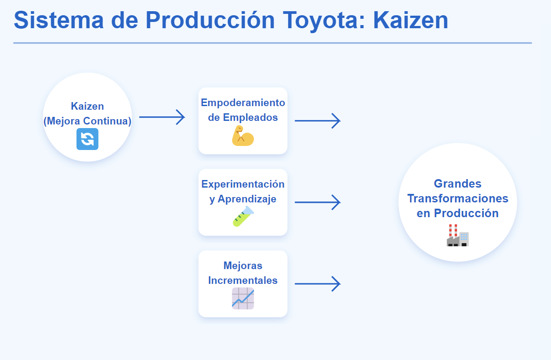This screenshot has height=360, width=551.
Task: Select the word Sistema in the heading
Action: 59,20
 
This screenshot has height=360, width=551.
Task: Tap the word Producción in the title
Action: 210,20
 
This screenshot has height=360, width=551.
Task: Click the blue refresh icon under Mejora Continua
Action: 87,139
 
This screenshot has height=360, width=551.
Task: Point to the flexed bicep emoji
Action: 243,136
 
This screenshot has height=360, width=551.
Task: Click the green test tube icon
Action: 243,217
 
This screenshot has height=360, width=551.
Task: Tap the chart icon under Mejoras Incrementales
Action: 243,298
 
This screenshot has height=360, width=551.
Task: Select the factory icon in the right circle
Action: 457,235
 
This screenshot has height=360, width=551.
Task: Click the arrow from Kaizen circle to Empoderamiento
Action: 162,117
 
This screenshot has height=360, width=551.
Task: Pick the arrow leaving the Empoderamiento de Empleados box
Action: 317,120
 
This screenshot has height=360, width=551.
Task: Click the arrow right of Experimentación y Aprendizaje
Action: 317,202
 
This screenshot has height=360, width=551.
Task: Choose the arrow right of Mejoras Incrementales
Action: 317,284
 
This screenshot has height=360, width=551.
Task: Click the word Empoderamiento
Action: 243,103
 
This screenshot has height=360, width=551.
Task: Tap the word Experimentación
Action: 243,184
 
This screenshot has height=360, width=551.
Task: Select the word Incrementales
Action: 243,280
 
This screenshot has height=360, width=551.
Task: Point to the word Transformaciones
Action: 458,198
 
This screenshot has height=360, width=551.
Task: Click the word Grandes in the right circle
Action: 457,184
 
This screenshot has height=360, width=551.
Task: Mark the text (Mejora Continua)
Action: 87,121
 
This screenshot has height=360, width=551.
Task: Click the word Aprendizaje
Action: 247,199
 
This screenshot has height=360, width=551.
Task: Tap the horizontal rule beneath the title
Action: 273,43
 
